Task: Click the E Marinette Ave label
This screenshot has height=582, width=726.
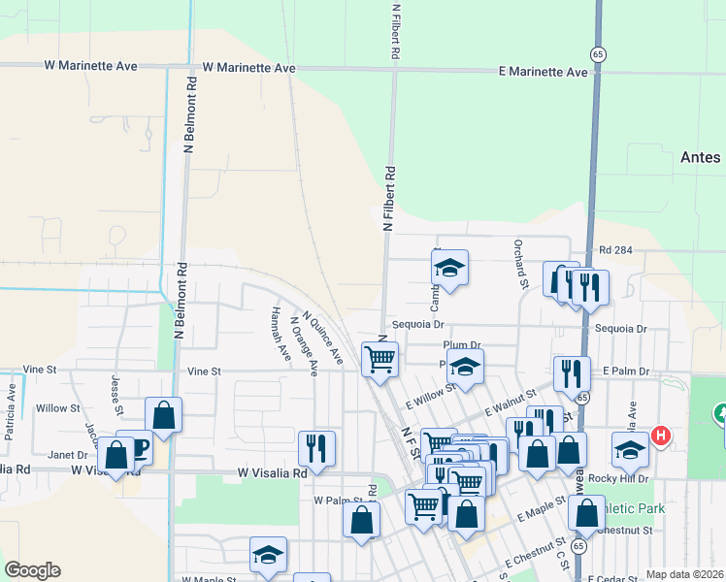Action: click(544, 73)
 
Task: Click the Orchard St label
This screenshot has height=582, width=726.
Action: click(520, 264)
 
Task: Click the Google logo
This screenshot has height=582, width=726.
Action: click(32, 570)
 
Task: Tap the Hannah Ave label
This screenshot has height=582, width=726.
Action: click(279, 326)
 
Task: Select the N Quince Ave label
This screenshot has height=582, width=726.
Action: click(323, 338)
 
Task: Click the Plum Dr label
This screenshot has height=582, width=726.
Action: click(461, 344)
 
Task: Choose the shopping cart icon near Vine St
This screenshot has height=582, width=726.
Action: click(379, 358)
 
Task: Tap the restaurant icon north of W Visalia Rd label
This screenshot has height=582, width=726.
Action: click(316, 447)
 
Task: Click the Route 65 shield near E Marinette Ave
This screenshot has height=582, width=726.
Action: click(601, 55)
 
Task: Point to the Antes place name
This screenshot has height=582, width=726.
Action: click(700, 157)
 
